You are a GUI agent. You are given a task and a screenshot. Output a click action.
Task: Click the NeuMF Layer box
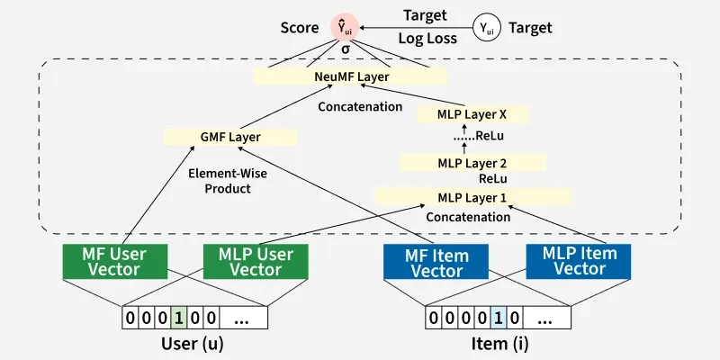[x=352, y=77]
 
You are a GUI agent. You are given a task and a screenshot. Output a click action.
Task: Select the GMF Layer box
[x=230, y=138]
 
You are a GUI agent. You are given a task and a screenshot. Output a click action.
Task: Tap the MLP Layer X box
[x=472, y=114]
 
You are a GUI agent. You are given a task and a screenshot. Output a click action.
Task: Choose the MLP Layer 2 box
[x=472, y=163]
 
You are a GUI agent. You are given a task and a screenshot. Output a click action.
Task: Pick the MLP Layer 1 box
[x=472, y=197]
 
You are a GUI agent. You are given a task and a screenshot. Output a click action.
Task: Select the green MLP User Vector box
[x=256, y=261]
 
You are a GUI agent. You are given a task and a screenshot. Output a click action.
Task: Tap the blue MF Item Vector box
[x=436, y=261]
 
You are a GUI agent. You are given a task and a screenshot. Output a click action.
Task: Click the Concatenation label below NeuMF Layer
[x=360, y=106]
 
